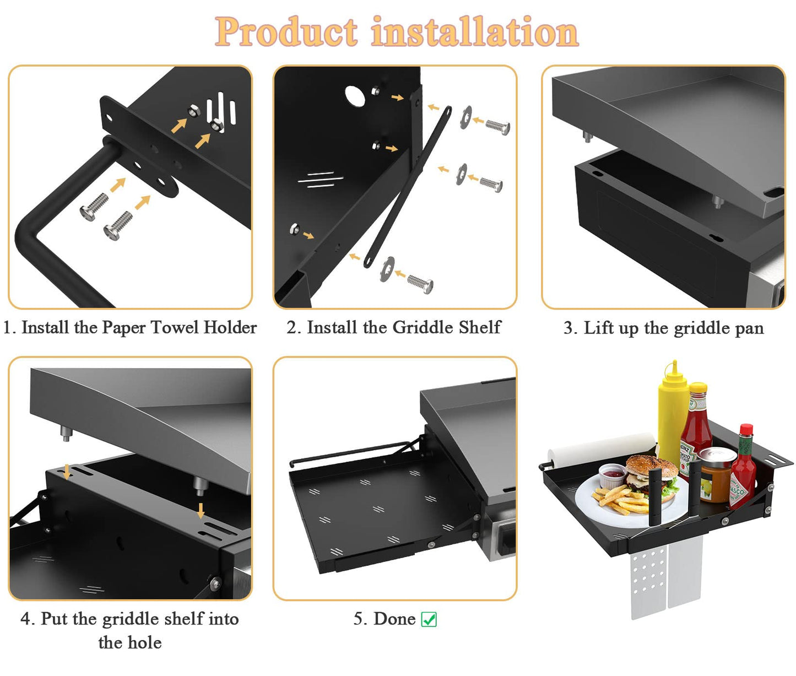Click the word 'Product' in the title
(x=286, y=32)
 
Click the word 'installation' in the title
(x=475, y=32)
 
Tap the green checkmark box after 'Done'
(x=429, y=619)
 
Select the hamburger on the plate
(x=651, y=475)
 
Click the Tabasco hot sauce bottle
(x=743, y=468)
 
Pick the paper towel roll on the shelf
(x=600, y=447)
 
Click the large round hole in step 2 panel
(x=355, y=96)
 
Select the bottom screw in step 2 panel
(x=420, y=284)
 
